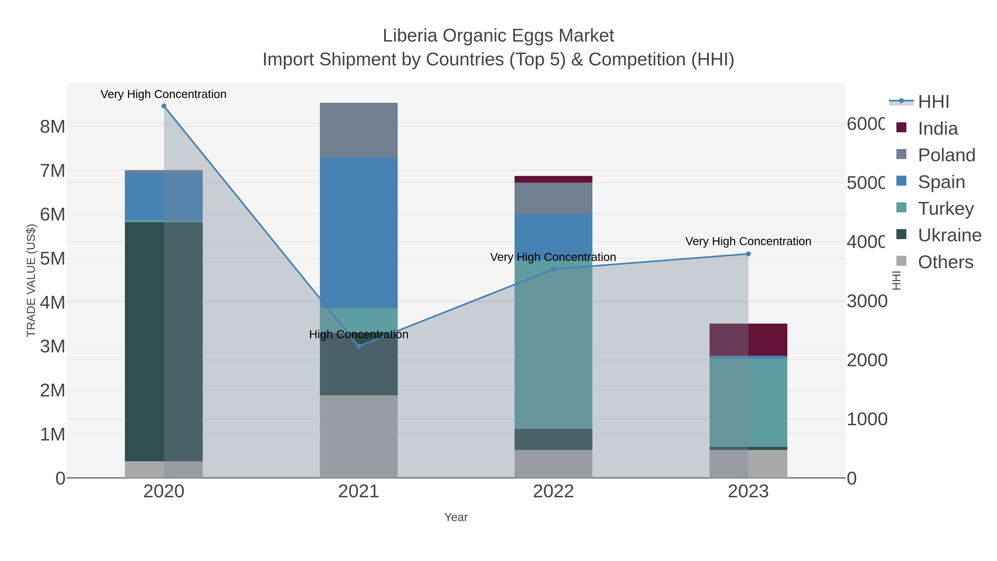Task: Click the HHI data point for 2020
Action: pos(164,106)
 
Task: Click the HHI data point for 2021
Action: pos(358,346)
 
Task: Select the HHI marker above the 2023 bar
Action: pos(748,254)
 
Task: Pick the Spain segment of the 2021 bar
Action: pos(358,232)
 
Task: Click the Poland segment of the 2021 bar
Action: pos(358,130)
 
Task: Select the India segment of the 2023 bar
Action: pos(748,339)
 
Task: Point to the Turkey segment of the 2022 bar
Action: pos(553,349)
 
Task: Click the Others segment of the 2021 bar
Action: pos(358,436)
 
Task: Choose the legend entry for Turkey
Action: pos(945,208)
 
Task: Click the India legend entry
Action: pos(937,128)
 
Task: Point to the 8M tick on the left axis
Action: pos(53,126)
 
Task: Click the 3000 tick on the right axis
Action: pos(867,301)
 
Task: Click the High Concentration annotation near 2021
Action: pos(358,334)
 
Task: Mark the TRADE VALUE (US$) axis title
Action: pos(31,280)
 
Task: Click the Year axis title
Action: pos(456,517)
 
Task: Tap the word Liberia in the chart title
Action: pos(410,36)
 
